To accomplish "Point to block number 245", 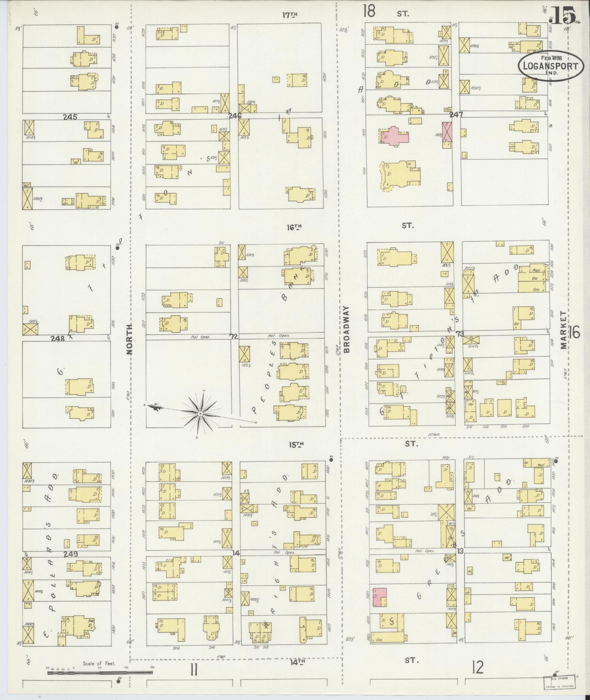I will tap(70, 117).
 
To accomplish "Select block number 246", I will tap(235, 116).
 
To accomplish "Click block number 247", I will tap(456, 115).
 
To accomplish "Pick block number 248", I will tap(58, 338).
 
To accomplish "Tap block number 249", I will tap(71, 554).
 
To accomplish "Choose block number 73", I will tap(459, 334).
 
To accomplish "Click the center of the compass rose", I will tap(200, 413).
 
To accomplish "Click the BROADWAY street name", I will tap(347, 329).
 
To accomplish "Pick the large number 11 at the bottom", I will tap(193, 670).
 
